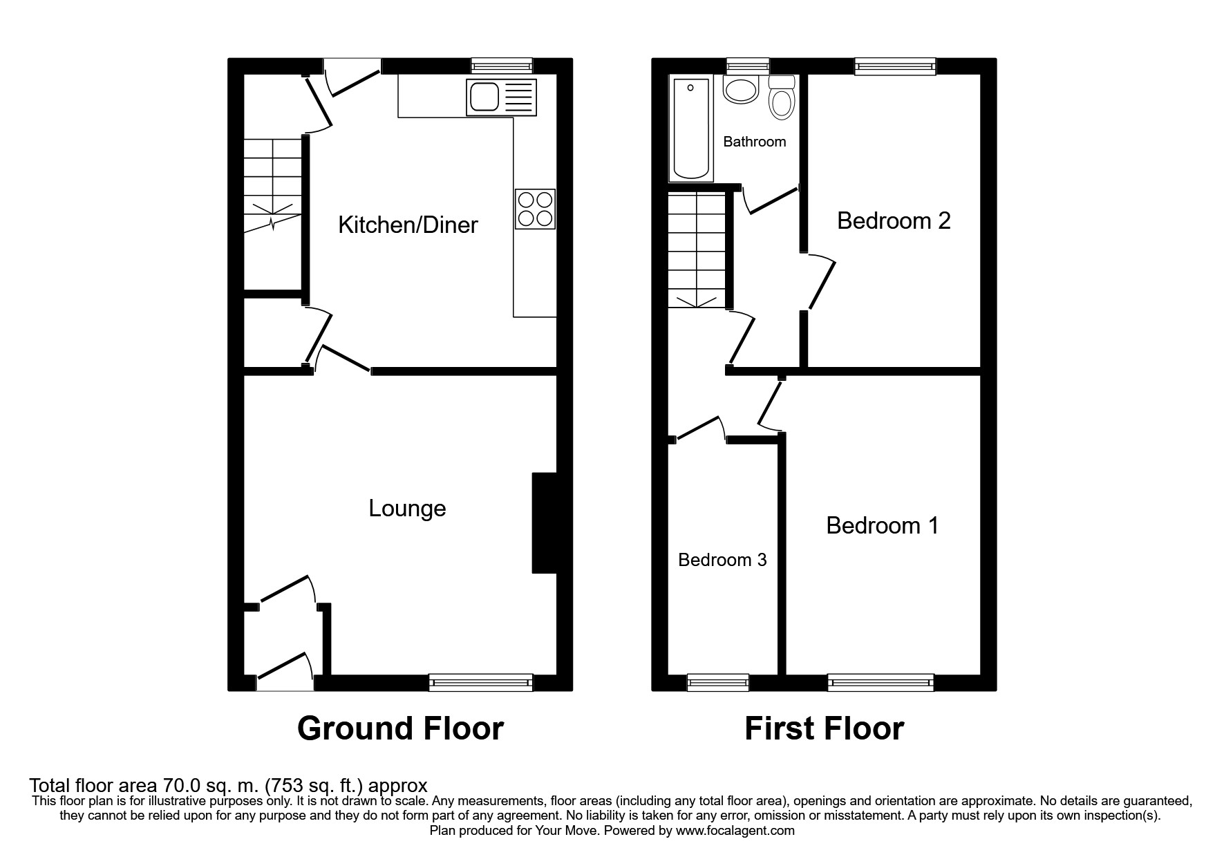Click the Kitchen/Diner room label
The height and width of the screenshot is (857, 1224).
pos(408,225)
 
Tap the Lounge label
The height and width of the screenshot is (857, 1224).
pos(407,509)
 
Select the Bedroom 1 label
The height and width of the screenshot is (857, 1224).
pos(883,526)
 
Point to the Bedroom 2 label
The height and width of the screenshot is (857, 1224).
pos(894,220)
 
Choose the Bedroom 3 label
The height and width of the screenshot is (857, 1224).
pos(722,560)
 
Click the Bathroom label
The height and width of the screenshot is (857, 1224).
pos(755,142)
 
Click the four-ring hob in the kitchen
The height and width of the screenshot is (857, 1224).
pos(535,209)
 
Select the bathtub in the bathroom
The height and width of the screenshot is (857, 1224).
pos(691,129)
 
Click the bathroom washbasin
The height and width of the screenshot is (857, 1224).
pos(741,90)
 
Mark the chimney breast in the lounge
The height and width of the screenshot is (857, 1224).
pos(544,522)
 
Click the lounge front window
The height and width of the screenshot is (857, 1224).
pos(481,683)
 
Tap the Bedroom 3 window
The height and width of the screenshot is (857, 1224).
pos(718,683)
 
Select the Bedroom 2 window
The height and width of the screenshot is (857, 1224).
pos(895,66)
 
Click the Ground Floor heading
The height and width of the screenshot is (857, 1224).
pos(400,728)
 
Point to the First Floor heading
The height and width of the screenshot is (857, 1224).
pos(824,728)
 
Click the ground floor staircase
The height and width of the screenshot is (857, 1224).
pos(273,185)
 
